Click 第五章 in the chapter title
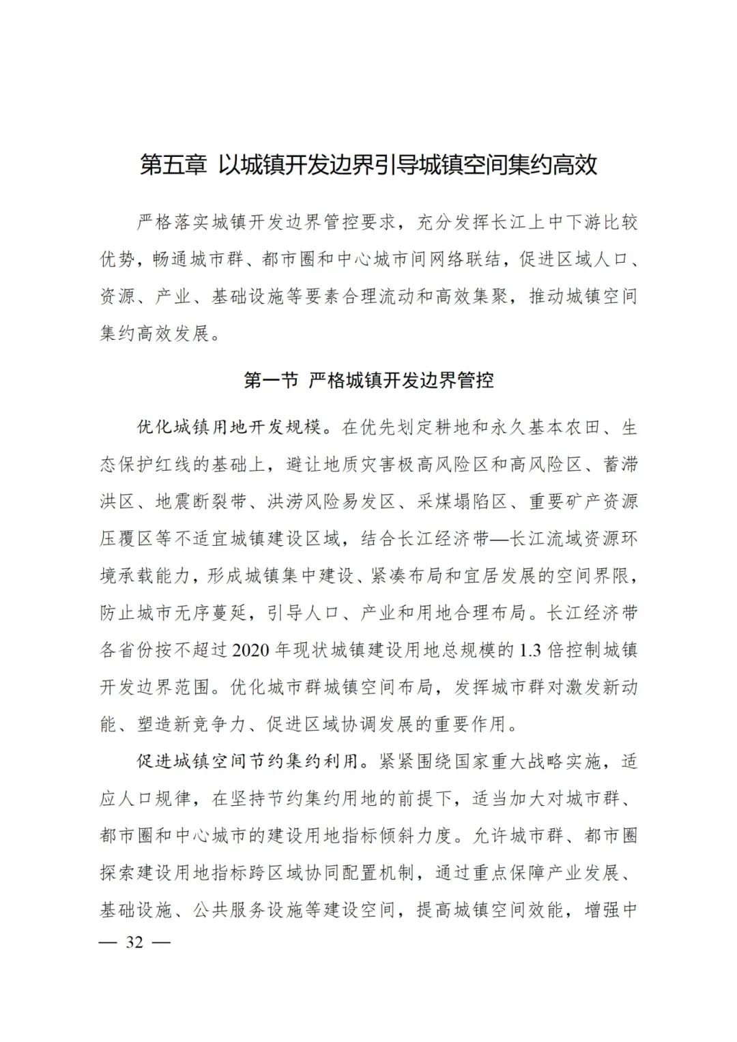pyautogui.click(x=173, y=165)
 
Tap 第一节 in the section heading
pyautogui.click(x=271, y=380)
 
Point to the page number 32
pyautogui.click(x=134, y=942)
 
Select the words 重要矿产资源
pyautogui.click(x=583, y=502)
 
